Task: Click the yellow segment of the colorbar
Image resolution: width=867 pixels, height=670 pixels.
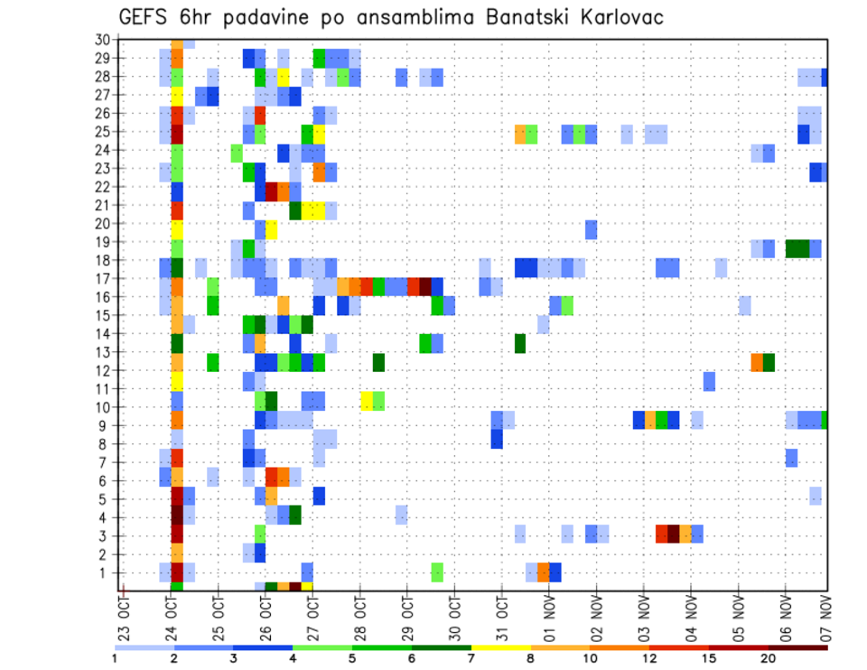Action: tap(501, 647)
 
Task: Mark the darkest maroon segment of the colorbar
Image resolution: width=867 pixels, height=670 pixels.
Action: tap(798, 647)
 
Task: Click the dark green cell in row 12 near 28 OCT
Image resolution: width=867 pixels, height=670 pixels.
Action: tap(378, 362)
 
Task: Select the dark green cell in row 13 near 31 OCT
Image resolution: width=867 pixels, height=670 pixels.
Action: tap(520, 343)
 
